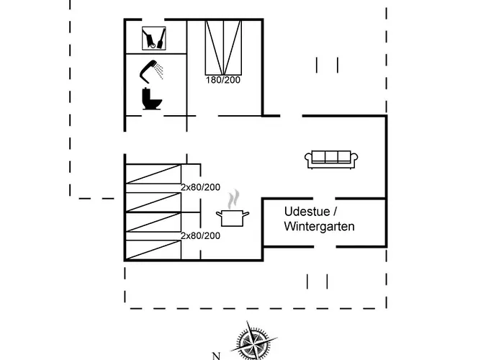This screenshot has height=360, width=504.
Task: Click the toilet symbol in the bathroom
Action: click(x=152, y=99)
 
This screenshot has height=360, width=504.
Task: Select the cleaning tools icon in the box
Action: click(x=156, y=37)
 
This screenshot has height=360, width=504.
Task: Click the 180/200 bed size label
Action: click(x=222, y=79)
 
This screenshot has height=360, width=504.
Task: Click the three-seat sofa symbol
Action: click(x=332, y=159)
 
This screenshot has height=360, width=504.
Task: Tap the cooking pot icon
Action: click(x=235, y=217)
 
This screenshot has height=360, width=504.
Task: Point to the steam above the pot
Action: click(x=233, y=199)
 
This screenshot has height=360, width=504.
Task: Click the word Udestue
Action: click(x=308, y=211)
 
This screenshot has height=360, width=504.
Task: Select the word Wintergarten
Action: click(x=319, y=227)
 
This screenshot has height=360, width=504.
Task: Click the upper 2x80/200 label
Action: click(x=200, y=187)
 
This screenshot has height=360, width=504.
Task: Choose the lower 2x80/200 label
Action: click(x=200, y=235)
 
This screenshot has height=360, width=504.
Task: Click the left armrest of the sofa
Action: click(x=310, y=160)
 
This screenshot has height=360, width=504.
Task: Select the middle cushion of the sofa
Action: click(x=332, y=156)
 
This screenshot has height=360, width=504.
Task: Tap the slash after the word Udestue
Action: click(x=334, y=211)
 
